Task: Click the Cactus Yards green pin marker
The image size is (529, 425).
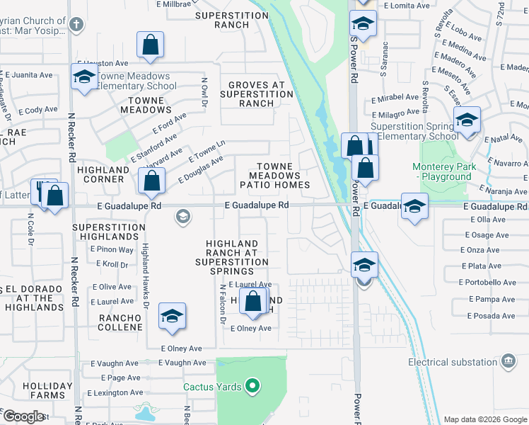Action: click(x=253, y=386)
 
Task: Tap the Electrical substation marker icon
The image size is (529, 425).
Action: click(x=508, y=362)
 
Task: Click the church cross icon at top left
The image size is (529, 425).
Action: click(x=76, y=24)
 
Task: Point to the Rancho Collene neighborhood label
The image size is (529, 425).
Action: click(x=120, y=322)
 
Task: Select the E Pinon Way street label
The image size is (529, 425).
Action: click(x=112, y=249)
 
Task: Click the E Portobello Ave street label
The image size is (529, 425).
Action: click(x=489, y=282)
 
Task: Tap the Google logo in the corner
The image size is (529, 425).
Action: click(x=23, y=416)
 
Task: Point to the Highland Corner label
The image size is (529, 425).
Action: click(x=100, y=174)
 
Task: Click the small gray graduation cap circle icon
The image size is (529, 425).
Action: click(x=183, y=216)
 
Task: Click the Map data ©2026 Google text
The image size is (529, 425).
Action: click(x=484, y=419)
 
